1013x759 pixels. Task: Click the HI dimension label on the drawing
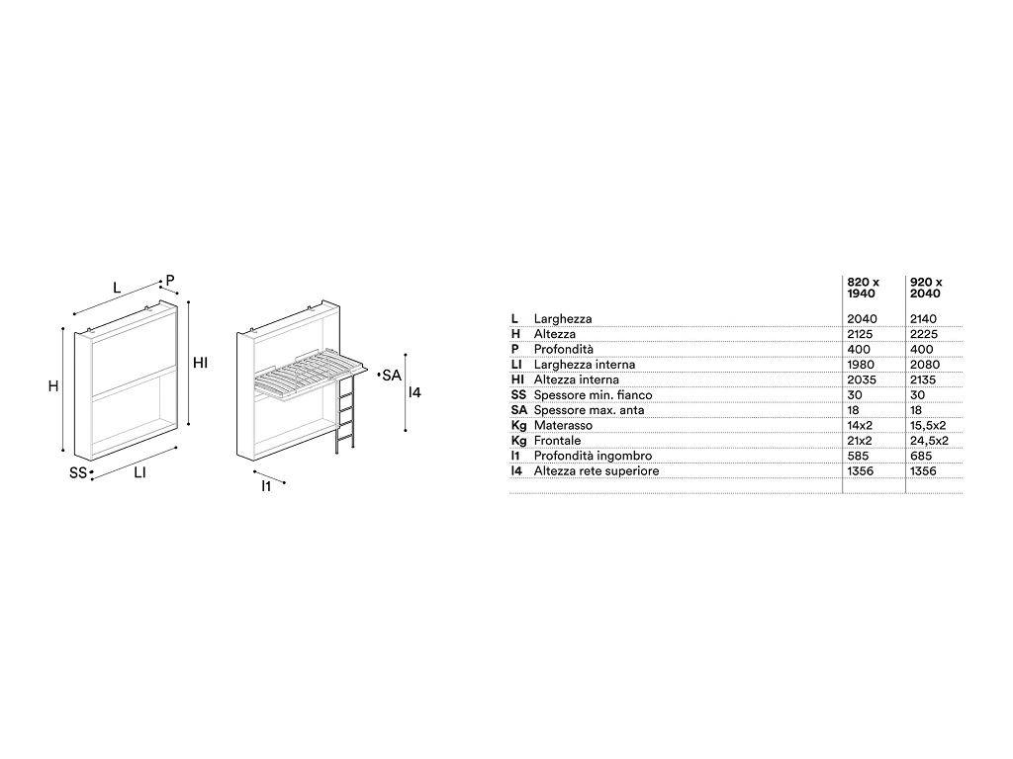coord(200,363)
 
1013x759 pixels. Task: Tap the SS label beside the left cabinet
coord(77,473)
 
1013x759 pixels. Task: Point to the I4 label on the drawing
coord(414,391)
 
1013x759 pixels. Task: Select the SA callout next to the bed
coord(392,375)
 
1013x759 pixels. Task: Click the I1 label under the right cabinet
coord(266,486)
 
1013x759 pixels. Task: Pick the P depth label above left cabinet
coord(170,280)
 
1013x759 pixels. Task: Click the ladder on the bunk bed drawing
coord(345,413)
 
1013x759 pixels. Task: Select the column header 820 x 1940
coord(863,288)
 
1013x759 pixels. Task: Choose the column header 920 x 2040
coord(926,288)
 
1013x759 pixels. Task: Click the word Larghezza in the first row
coord(563,319)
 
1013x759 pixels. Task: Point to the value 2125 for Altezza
coord(860,334)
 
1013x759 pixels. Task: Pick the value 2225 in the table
coord(923,334)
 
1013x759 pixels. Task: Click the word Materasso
coord(563,425)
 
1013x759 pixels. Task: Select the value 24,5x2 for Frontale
coord(929,441)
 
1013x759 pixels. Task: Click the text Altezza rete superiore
coord(597,471)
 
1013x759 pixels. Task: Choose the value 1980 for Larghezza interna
coord(861,365)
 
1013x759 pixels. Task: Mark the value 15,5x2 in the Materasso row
coord(928,426)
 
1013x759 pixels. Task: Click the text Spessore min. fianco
coord(594,395)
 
